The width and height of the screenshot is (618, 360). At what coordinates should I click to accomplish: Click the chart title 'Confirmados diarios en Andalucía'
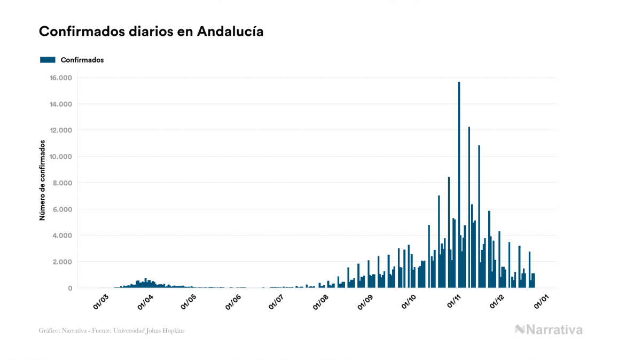click(x=151, y=32)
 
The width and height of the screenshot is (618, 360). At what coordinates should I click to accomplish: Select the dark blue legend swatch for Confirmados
click(x=48, y=60)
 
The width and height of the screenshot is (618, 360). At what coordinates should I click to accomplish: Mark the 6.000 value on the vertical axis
click(x=61, y=209)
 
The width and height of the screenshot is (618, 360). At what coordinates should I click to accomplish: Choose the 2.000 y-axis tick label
click(x=61, y=262)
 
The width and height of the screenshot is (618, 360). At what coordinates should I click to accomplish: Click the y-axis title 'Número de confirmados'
click(x=42, y=181)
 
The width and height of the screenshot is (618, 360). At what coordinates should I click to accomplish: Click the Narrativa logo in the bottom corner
click(x=549, y=330)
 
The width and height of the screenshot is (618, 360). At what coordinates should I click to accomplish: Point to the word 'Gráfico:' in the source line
click(x=49, y=331)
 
